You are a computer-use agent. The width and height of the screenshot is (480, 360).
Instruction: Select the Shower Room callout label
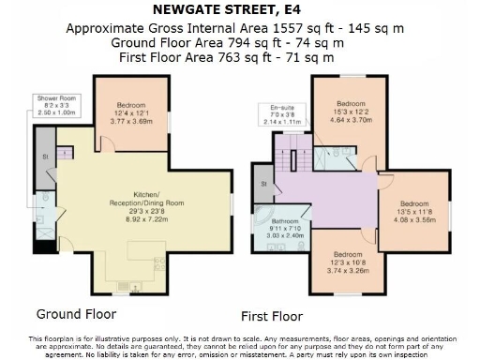coord(54,105)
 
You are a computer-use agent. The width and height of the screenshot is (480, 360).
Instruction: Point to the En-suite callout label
coord(282,115)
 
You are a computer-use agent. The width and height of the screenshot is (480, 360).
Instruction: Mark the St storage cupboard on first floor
coord(264,184)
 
